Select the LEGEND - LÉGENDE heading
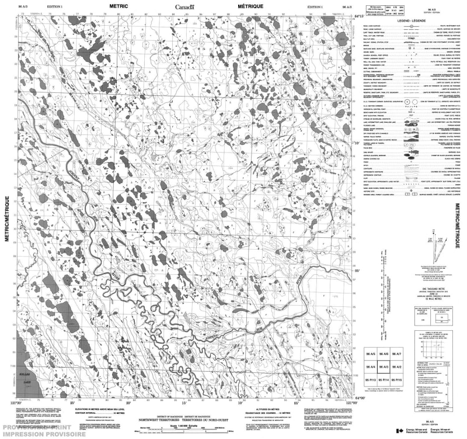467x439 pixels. [412, 20]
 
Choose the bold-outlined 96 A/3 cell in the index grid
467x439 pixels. [383, 368]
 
